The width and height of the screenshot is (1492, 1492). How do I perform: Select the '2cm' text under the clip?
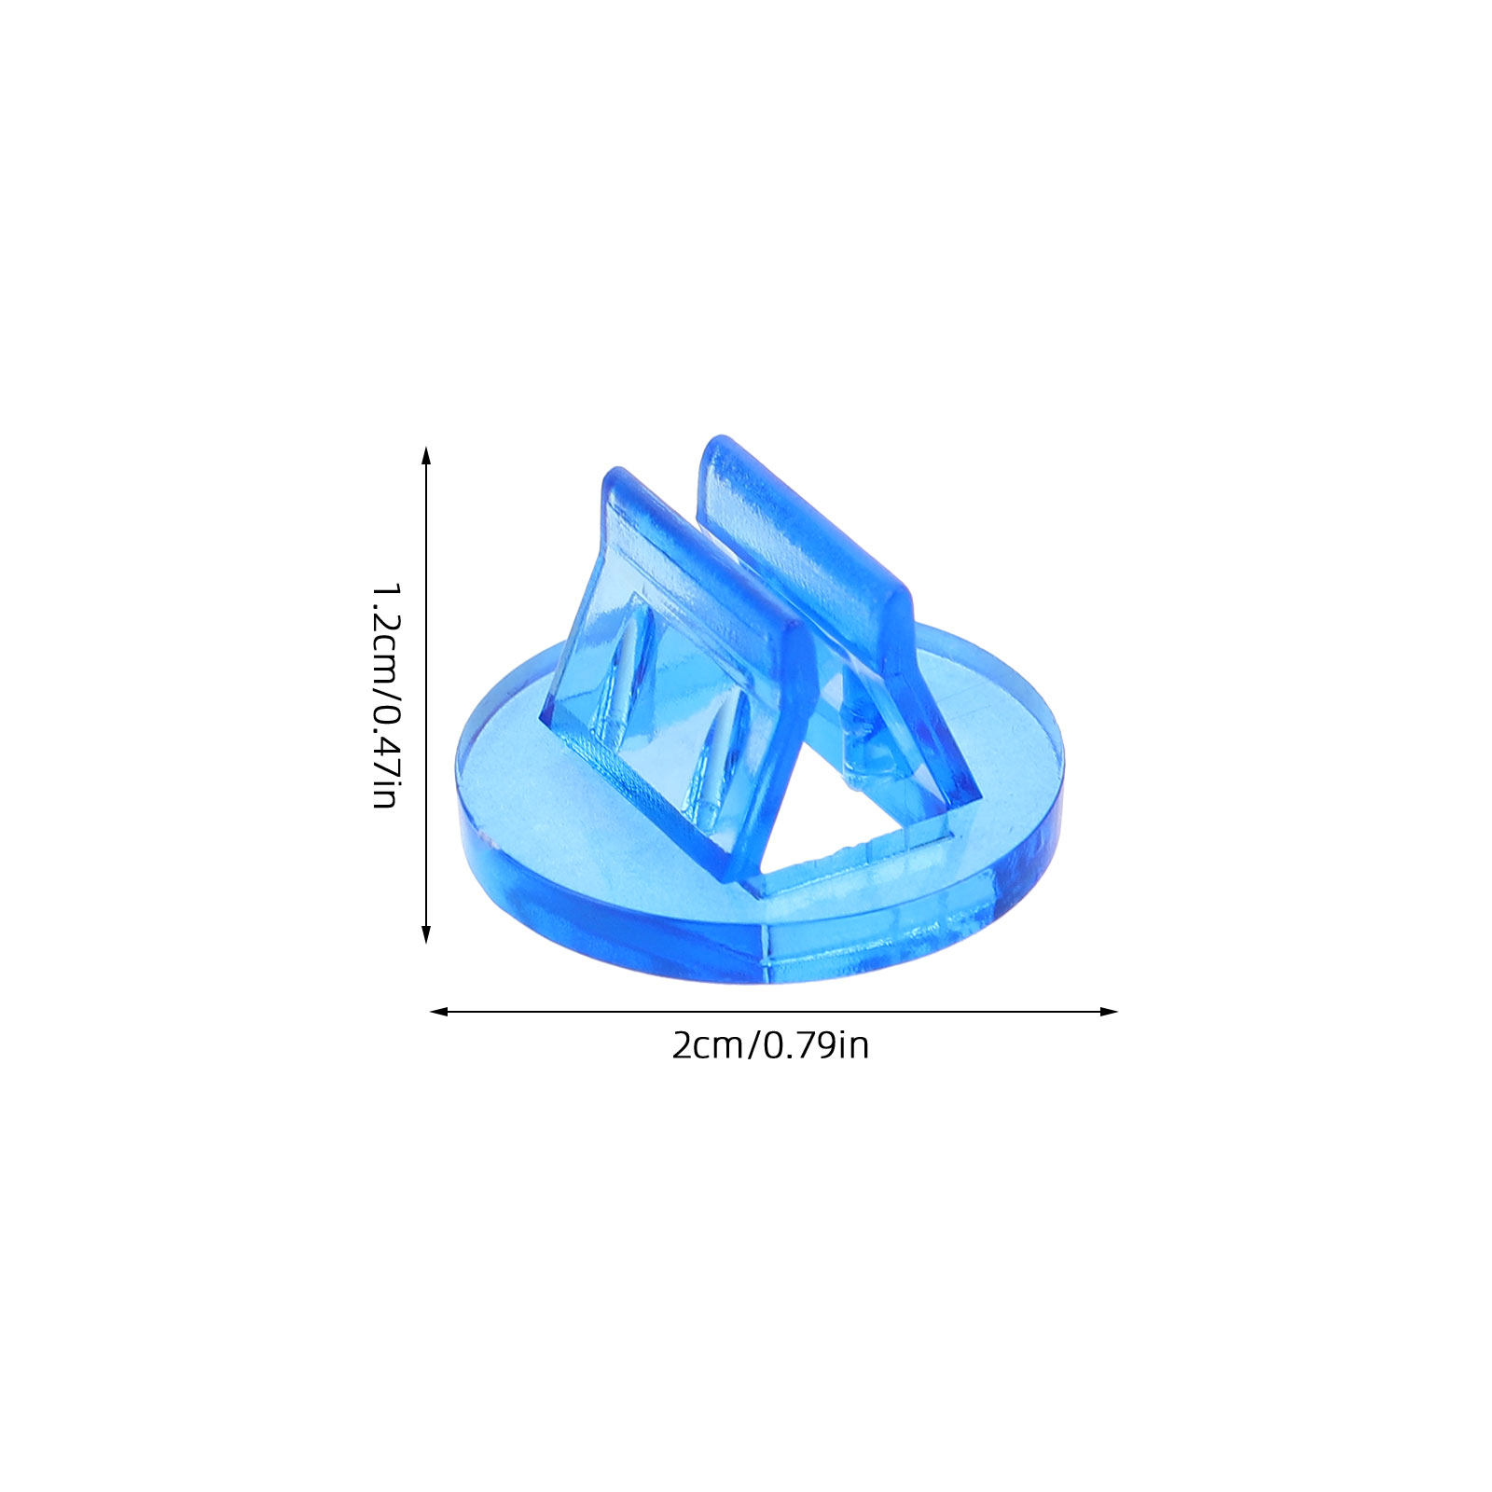[707, 1045]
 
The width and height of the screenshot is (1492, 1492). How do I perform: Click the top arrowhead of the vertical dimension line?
[427, 456]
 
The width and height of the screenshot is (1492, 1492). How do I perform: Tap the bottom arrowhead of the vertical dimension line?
[427, 933]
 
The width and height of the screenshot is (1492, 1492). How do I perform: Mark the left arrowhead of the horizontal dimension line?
[439, 1011]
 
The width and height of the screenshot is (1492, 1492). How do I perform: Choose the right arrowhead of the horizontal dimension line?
[1108, 1011]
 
